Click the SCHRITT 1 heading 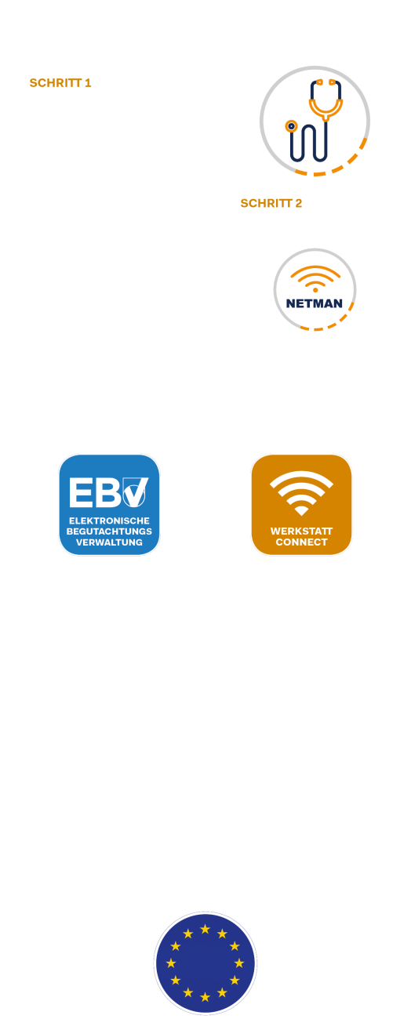pyautogui.click(x=60, y=83)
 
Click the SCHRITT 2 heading pyautogui.click(x=271, y=203)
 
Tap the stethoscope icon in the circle pyautogui.click(x=314, y=121)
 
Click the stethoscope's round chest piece pyautogui.click(x=291, y=126)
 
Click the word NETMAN pyautogui.click(x=314, y=303)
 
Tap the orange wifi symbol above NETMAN pyautogui.click(x=315, y=278)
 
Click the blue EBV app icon pyautogui.click(x=109, y=505)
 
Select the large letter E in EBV pyautogui.click(x=81, y=493)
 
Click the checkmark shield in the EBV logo pyautogui.click(x=134, y=492)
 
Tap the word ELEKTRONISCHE pyautogui.click(x=109, y=521)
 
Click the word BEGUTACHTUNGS pyautogui.click(x=109, y=531)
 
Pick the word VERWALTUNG pyautogui.click(x=109, y=542)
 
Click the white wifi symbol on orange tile pyautogui.click(x=301, y=494)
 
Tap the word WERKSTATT pyautogui.click(x=301, y=531)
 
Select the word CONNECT pyautogui.click(x=301, y=542)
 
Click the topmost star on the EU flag pyautogui.click(x=205, y=929)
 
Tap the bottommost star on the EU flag pyautogui.click(x=205, y=997)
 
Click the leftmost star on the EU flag pyautogui.click(x=171, y=963)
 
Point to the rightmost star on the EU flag pyautogui.click(x=239, y=963)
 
